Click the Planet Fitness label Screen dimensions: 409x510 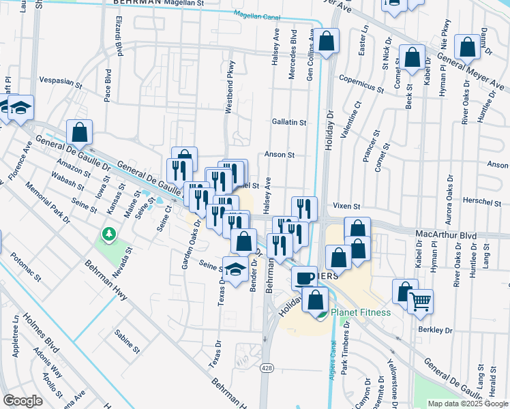(360, 313)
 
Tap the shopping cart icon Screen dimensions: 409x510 (421, 300)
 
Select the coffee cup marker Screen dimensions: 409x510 (304, 277)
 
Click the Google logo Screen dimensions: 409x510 (22, 401)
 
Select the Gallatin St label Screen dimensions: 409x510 (289, 122)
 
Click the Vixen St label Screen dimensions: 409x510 (346, 205)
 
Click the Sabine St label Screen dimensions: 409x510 (127, 340)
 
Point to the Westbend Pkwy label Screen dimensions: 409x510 (230, 96)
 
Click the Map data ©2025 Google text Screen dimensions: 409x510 (468, 404)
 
